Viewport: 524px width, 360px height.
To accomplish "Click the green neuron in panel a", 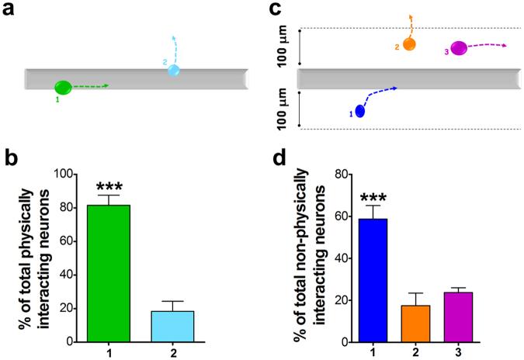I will point(63,87).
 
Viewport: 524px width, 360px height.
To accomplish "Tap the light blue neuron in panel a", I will point(175,71).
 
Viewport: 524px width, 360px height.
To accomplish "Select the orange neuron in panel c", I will point(409,44).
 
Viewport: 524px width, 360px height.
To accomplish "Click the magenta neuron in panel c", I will point(459,48).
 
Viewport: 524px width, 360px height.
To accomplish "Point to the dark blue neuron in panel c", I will point(359,110).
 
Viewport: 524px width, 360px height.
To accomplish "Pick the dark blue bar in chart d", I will point(373,280).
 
